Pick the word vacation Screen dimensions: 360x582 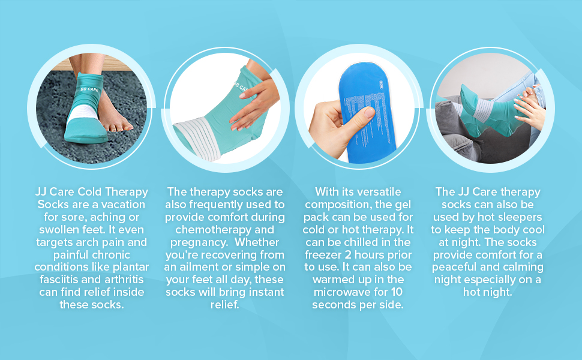124,205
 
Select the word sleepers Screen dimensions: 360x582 521,217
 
